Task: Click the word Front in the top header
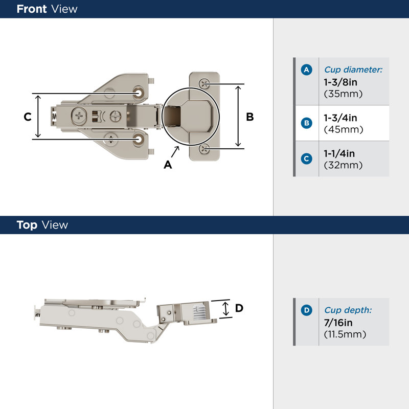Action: [32, 9]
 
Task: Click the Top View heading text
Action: [42, 225]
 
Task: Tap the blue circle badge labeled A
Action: [306, 70]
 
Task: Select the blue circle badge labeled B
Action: [306, 123]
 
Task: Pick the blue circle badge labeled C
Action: [306, 158]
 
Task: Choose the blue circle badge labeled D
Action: [306, 310]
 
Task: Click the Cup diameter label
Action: [353, 70]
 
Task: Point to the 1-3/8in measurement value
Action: [340, 82]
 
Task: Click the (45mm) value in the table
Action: [343, 129]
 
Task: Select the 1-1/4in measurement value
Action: [339, 154]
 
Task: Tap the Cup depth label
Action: [348, 310]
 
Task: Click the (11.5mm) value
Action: [345, 334]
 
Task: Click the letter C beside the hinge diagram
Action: [28, 117]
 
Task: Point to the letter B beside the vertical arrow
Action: [249, 117]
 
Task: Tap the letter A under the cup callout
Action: [168, 165]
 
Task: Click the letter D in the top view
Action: [239, 308]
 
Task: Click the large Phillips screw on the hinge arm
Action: [79, 116]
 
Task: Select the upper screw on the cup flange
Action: [204, 84]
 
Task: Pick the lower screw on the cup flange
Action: [204, 149]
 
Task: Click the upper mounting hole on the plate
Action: [139, 93]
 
